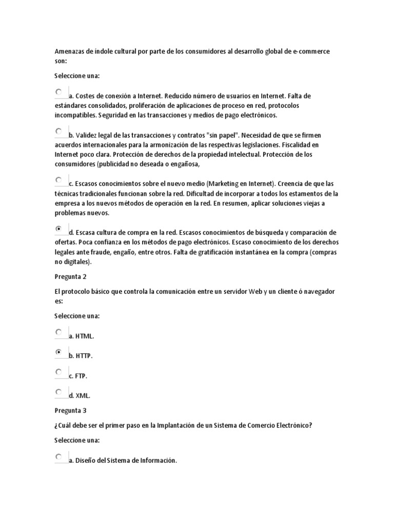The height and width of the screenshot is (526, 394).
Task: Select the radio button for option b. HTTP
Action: (x=58, y=352)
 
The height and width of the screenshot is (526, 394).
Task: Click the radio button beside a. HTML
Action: (x=58, y=332)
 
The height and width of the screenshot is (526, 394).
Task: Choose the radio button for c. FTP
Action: (x=58, y=372)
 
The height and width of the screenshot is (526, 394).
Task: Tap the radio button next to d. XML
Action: (x=58, y=392)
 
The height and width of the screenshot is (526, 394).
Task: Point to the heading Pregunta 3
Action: (x=71, y=410)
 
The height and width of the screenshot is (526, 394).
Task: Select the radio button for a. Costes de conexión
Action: (x=58, y=92)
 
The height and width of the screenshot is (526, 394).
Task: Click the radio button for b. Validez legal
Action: (x=58, y=131)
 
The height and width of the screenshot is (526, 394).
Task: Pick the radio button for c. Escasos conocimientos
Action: (x=58, y=180)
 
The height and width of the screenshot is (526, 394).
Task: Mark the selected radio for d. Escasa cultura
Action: (x=58, y=229)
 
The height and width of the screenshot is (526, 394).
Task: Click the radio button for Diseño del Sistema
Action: (x=58, y=457)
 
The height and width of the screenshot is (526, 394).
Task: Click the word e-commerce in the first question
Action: (x=311, y=52)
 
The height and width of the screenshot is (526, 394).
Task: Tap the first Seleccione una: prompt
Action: (x=77, y=76)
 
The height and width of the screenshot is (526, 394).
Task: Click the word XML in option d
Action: (x=83, y=396)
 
